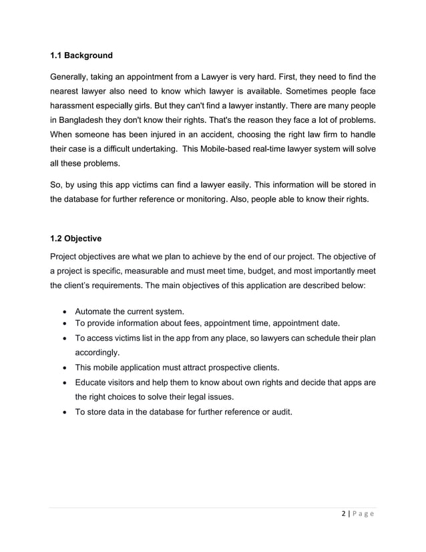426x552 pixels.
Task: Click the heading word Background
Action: pos(89,55)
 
